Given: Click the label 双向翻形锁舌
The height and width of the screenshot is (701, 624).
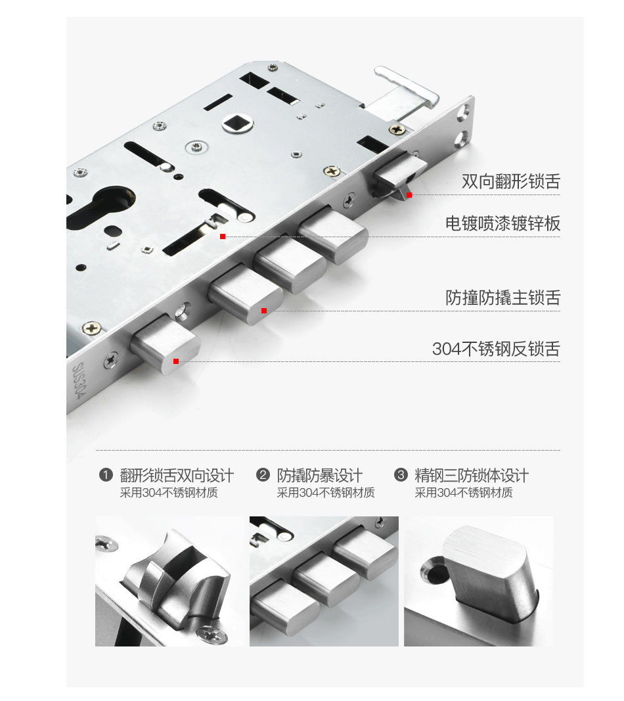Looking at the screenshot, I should click(510, 182).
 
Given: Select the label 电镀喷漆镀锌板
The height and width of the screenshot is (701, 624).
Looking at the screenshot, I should click(502, 223).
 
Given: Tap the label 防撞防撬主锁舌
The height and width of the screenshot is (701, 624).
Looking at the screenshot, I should click(502, 298).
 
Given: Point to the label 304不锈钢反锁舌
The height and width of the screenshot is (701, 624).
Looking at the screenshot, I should click(496, 349).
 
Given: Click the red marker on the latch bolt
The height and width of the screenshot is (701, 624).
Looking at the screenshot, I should click(409, 195).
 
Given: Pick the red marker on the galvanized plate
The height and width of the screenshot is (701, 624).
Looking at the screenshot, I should click(223, 236).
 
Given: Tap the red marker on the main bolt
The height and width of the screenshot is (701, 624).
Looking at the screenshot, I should click(264, 311).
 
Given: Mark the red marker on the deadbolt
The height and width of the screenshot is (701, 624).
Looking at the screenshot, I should click(176, 361).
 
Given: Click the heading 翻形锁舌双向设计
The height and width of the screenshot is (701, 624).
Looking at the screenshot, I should click(177, 475).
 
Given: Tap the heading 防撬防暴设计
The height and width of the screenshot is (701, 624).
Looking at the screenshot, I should click(320, 475).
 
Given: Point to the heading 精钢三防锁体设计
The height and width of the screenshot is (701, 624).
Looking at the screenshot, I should click(472, 475).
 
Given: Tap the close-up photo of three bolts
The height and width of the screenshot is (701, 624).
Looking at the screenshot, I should click(324, 581).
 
